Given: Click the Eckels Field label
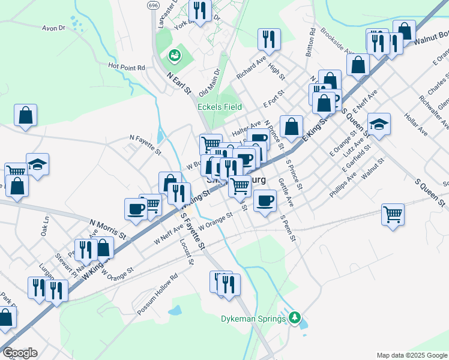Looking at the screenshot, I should tap(220, 107).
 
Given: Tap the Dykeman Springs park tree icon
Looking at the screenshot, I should tap(294, 317).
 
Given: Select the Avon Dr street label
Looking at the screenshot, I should tap(53, 28).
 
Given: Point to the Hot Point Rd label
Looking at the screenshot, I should tap(127, 67).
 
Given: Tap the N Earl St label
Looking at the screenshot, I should tap(178, 83).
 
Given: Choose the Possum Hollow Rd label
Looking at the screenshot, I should tap(157, 295).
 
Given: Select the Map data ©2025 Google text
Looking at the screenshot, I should tap(412, 355).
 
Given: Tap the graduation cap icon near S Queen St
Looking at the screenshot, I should tap(379, 124).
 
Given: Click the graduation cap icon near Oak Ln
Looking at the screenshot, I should tap(37, 164).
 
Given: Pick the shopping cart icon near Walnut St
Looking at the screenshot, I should tap(393, 214).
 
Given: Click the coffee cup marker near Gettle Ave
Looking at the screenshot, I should tap(265, 200).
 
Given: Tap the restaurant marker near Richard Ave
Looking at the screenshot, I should tap(269, 40).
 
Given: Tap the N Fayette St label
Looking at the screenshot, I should tap(145, 145).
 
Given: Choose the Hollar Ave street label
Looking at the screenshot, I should tap(415, 123).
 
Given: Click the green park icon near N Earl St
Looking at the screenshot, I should tap(174, 56).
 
